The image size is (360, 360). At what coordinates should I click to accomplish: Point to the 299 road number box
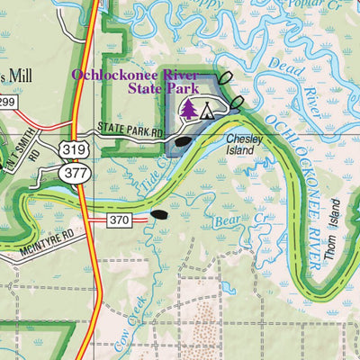pyautogui.click(x=7, y=101)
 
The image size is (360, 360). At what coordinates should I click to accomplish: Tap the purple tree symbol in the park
pyautogui.click(x=189, y=110)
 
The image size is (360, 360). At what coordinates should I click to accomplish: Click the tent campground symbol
pyautogui.click(x=207, y=111)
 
